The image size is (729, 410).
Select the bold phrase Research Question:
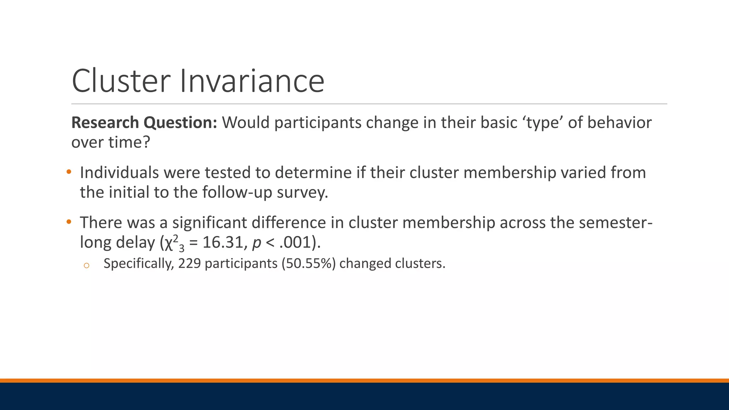144,123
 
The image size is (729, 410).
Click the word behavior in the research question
619,123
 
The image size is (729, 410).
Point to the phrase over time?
111,142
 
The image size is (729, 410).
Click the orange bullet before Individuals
69,172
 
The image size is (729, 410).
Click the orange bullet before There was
69,222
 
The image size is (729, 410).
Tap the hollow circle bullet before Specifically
86,265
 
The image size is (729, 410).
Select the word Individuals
119,173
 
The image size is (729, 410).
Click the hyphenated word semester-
615,223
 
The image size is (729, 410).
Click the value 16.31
222,242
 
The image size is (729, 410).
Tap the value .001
295,242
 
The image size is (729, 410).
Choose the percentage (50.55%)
309,264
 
